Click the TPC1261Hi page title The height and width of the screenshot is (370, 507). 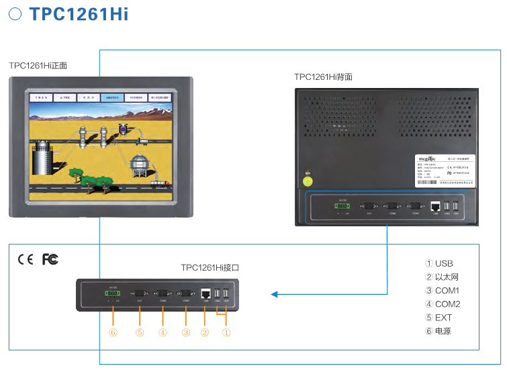click(79, 14)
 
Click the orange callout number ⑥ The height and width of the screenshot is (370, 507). click(113, 332)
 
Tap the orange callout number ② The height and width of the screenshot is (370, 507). click(205, 332)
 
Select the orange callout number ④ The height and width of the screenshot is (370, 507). click(162, 332)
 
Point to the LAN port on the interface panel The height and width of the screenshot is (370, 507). click(205, 294)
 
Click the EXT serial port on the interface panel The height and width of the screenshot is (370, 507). click(140, 293)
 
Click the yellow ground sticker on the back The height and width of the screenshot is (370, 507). click(308, 180)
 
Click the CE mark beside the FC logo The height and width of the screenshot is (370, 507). click(26, 259)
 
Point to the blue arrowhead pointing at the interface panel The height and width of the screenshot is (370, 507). click(274, 294)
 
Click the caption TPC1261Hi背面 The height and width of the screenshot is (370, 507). click(323, 77)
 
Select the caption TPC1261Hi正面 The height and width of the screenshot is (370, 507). click(38, 66)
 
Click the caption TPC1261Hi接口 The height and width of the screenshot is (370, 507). click(210, 267)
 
